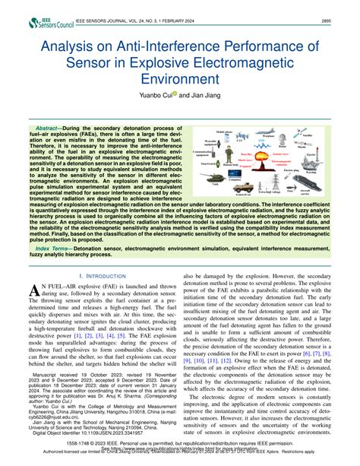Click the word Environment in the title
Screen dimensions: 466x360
tap(179, 78)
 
